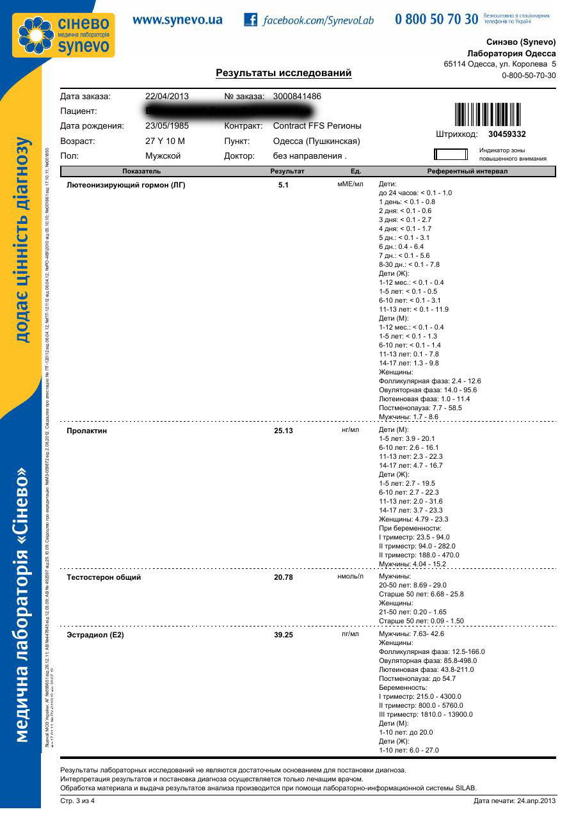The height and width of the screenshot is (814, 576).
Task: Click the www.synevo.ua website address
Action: click(177, 20)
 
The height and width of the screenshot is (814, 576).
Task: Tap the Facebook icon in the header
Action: click(250, 20)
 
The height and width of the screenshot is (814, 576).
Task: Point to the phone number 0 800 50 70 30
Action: click(436, 19)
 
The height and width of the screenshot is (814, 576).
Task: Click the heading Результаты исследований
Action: click(284, 73)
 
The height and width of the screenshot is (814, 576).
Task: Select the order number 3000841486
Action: click(297, 97)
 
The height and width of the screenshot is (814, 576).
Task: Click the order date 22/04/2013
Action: click(167, 97)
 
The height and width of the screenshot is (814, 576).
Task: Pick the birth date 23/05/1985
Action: click(167, 126)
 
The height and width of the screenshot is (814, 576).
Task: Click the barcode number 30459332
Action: click(507, 134)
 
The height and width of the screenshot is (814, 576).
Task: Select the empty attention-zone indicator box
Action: click(452, 154)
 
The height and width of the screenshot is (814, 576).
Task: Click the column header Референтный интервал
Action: click(467, 172)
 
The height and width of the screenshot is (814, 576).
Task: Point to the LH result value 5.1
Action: click(284, 185)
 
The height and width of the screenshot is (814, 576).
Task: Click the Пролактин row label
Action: click(87, 431)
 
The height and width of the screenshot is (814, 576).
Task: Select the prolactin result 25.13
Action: click(284, 431)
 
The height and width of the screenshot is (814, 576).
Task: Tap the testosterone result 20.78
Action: click(284, 577)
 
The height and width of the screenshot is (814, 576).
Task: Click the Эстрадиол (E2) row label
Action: click(95, 635)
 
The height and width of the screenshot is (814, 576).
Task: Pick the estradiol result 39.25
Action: click(284, 635)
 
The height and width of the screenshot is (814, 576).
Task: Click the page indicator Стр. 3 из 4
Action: click(77, 801)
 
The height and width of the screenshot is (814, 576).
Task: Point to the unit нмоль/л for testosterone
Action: click(350, 577)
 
